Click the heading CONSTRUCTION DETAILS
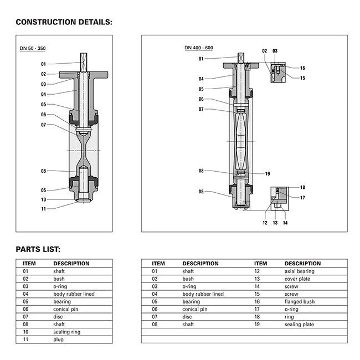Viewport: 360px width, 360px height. pos(64,22)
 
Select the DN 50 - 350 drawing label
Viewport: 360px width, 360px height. pos(33,49)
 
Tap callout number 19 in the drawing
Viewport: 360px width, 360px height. pos(267,174)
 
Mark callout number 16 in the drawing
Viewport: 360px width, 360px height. pos(302,68)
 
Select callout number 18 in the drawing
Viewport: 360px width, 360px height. pos(302,188)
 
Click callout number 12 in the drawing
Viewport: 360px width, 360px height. pos(265,223)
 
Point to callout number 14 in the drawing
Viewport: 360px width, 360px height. pos(285,223)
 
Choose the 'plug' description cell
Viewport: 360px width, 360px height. pos(58,340)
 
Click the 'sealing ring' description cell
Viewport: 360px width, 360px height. pos(66,332)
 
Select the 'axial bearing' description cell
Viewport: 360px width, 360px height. pos(299,271)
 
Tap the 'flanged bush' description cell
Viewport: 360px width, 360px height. pos(299,302)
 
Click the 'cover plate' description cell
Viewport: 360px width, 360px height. pos(298,279)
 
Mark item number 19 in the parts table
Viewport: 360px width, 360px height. pos(258,324)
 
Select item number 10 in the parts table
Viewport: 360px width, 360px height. pos(25,332)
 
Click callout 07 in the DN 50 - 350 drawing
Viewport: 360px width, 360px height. pos(43,125)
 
